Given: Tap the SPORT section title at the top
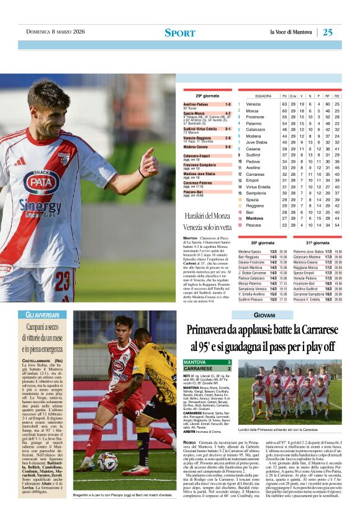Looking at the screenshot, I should [x=180, y=33].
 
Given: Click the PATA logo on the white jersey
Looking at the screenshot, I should [x=42, y=182].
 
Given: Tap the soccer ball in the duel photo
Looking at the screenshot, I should [x=107, y=461].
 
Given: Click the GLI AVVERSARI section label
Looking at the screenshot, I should [x=42, y=315].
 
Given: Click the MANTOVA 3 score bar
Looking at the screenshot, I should [x=208, y=362].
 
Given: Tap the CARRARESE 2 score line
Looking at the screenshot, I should [x=208, y=368].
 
